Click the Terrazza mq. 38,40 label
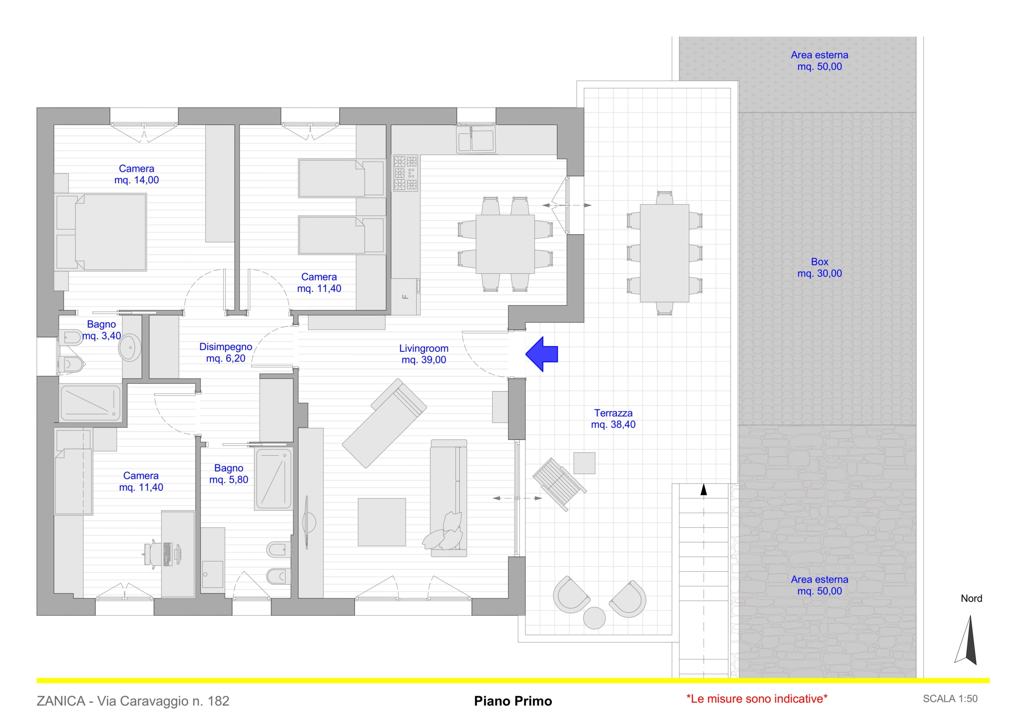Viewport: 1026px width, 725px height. [613, 419]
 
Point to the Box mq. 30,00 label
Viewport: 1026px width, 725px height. [820, 268]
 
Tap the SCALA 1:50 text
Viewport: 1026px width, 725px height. [950, 699]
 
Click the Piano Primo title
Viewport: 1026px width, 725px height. [513, 701]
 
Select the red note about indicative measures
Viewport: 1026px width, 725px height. [757, 699]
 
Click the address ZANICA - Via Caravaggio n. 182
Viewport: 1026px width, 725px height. [133, 701]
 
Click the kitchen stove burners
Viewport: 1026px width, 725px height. [405, 173]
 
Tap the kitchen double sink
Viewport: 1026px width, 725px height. [475, 139]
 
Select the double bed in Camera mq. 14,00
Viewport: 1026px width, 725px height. [101, 232]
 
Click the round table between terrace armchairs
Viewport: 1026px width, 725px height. [594, 618]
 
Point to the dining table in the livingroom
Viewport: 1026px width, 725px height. [505, 244]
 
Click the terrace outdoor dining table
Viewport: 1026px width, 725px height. [664, 253]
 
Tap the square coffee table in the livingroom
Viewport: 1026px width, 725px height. [382, 522]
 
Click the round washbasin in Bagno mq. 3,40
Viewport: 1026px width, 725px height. [130, 346]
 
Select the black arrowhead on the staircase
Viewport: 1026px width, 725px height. [704, 489]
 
